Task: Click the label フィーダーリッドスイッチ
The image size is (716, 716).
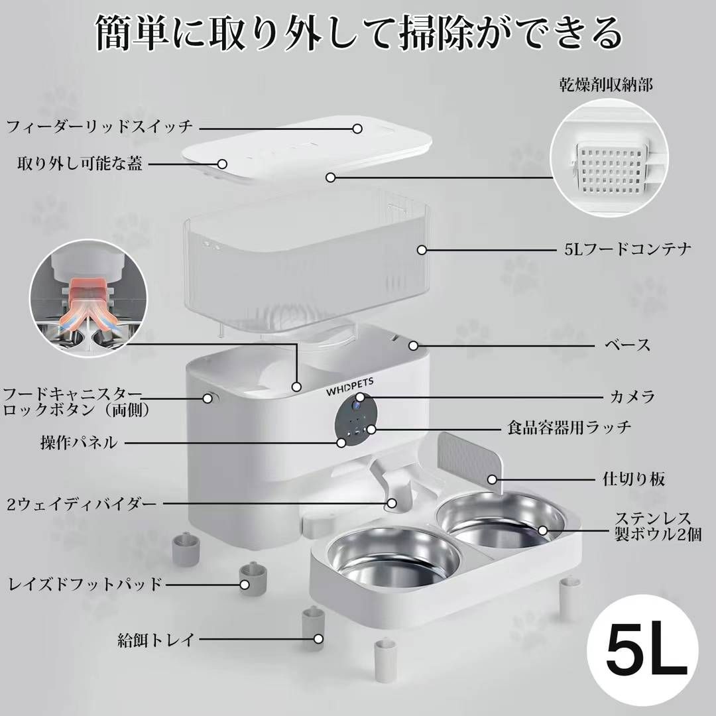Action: (99, 127)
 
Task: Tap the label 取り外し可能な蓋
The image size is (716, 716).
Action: (80, 164)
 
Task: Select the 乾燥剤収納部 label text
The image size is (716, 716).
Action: (606, 85)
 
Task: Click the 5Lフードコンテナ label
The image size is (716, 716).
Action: (628, 249)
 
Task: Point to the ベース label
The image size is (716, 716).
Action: (627, 345)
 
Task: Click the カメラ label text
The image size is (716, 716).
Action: (632, 396)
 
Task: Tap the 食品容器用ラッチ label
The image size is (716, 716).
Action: (569, 428)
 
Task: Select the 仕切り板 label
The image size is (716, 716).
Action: (633, 479)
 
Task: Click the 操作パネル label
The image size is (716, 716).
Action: (79, 442)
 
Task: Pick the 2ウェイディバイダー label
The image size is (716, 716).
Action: (82, 504)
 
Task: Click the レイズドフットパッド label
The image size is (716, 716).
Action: (86, 584)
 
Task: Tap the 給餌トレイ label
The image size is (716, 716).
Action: (156, 639)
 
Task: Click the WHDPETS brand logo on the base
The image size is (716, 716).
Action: (350, 387)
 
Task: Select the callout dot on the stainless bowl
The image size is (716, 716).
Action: (542, 530)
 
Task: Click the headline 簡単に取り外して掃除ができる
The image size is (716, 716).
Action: (359, 33)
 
